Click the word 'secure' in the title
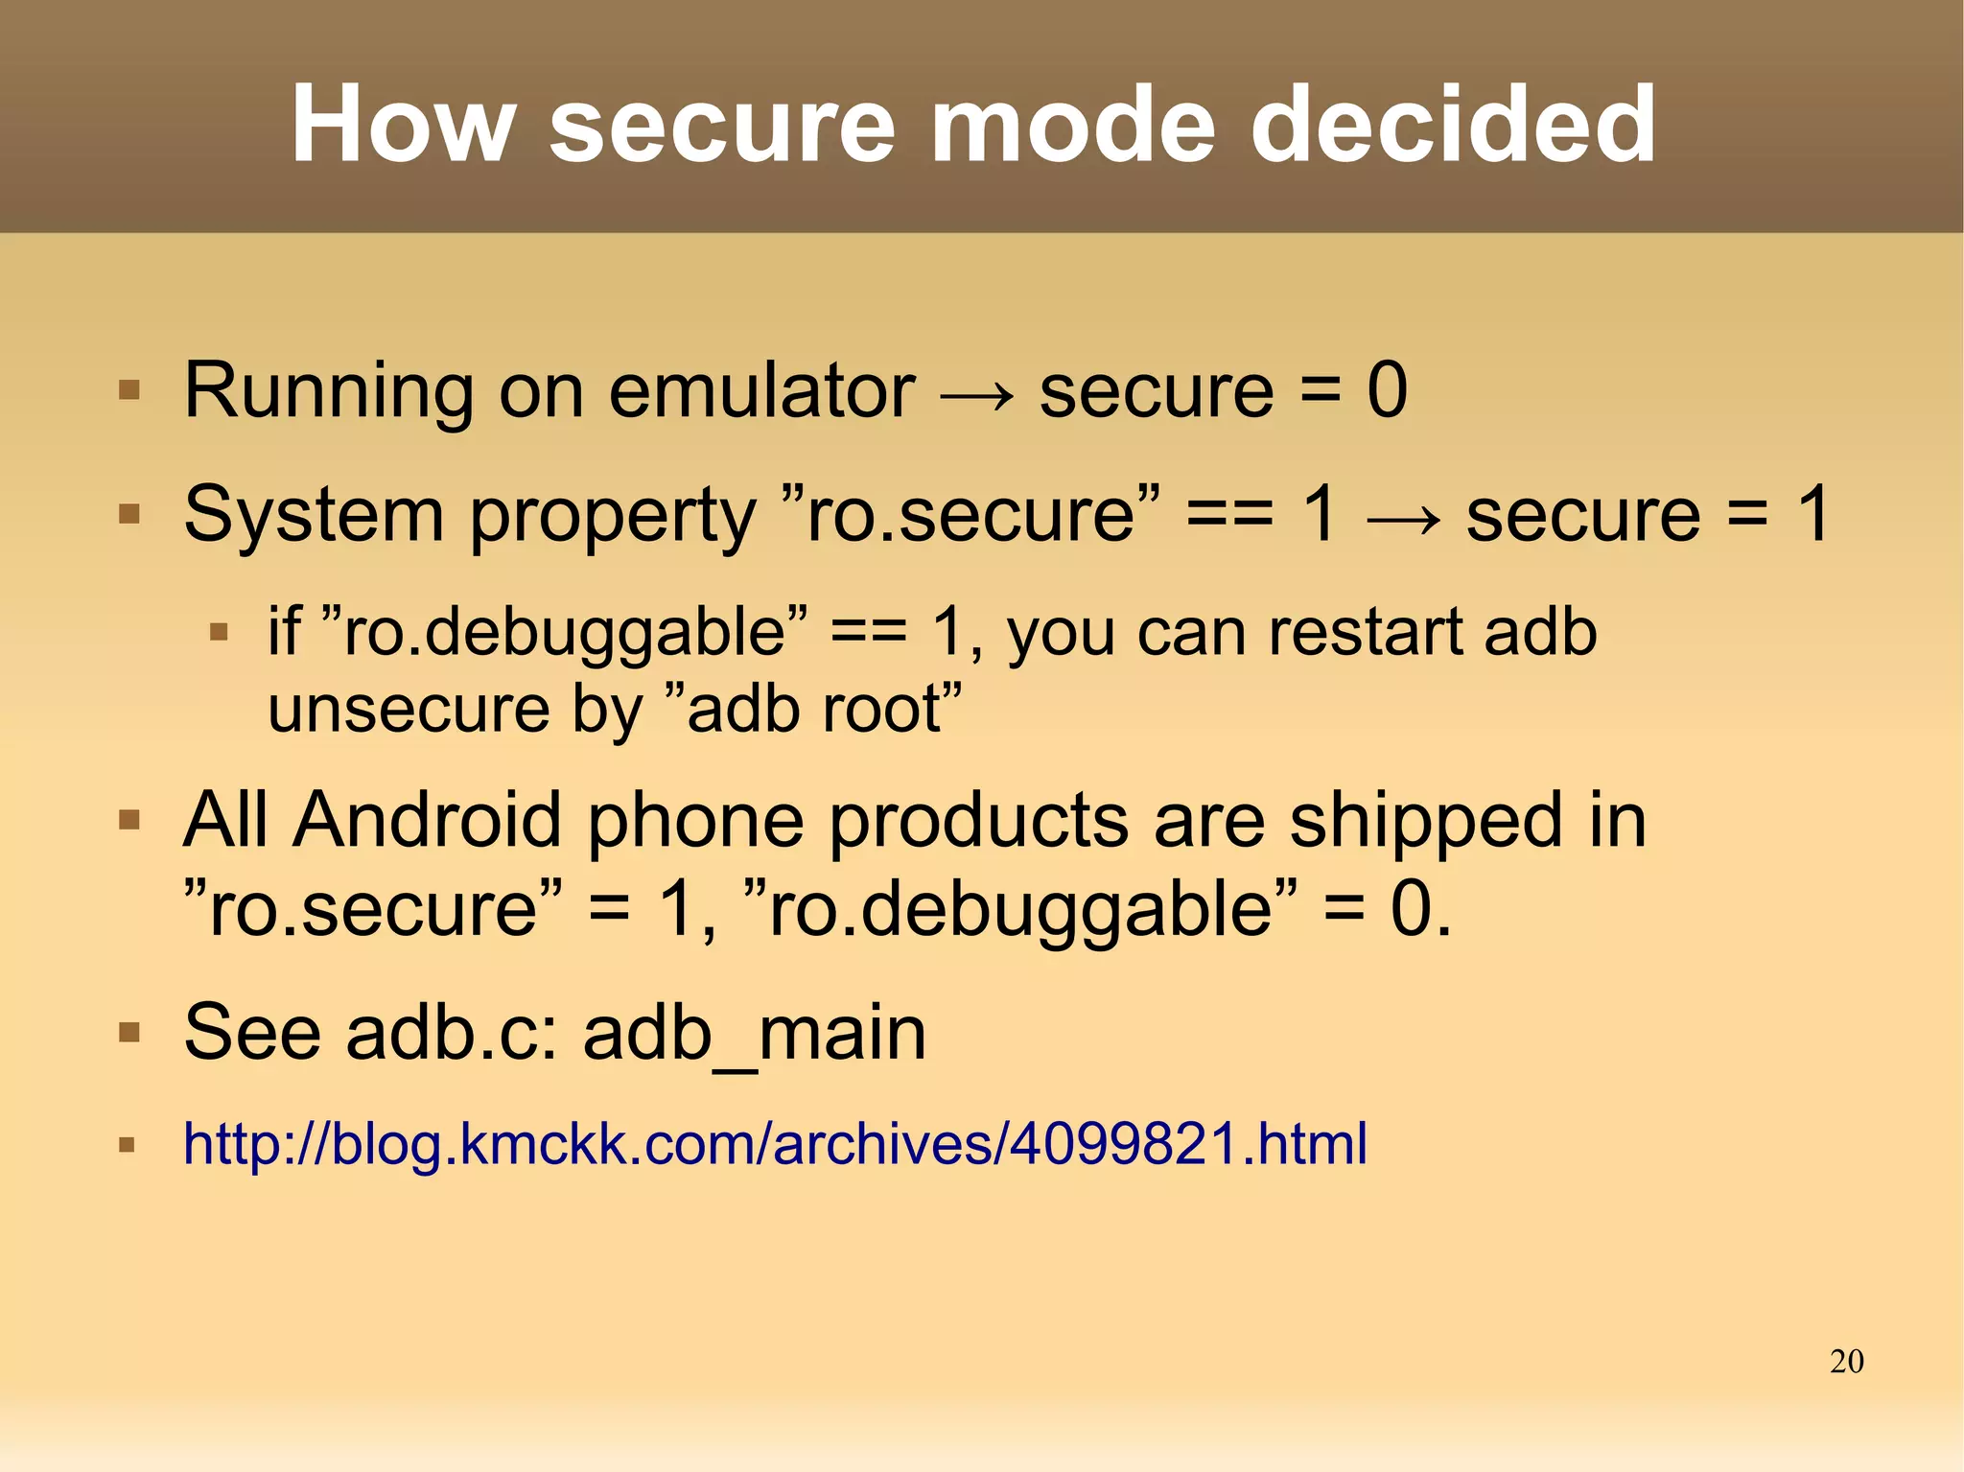721,127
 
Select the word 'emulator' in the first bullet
761,390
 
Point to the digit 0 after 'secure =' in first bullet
1387,390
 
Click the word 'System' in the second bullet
313,515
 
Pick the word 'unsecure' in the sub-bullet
409,710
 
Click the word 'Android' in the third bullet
428,821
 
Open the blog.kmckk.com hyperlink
775,1143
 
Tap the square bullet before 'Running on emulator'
129,391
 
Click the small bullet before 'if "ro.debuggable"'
219,633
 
